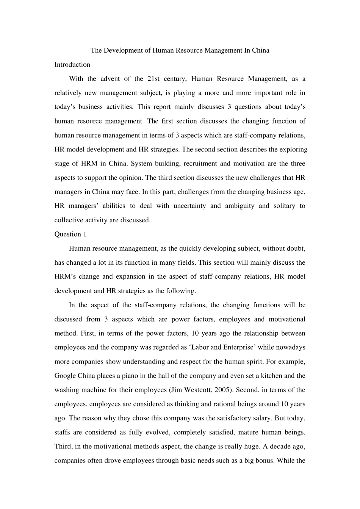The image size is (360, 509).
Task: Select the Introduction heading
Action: pyautogui.click(x=72, y=64)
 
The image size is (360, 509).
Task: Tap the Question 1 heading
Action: pyautogui.click(x=70, y=234)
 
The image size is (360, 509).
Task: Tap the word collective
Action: pyautogui.click(x=69, y=220)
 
